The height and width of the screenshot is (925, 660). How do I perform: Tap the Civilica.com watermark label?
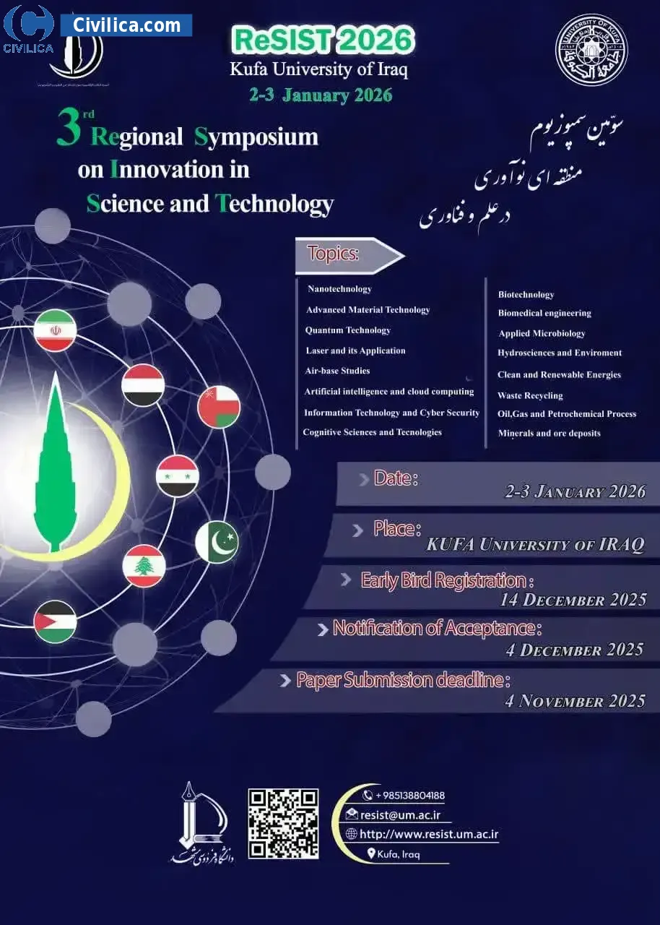point(126,25)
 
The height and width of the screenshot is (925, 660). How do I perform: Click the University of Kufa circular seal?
point(591,50)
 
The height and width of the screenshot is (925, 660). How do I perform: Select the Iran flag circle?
point(55,330)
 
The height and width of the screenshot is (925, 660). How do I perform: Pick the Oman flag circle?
point(219,407)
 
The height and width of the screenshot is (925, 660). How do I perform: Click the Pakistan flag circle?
point(217,542)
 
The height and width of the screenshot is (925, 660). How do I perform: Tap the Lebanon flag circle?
point(144,566)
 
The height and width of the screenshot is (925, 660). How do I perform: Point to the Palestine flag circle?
point(55,621)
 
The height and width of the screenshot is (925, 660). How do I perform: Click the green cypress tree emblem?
point(56,462)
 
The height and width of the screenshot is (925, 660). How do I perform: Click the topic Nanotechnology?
point(339,289)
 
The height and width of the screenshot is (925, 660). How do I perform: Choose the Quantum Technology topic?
point(347,330)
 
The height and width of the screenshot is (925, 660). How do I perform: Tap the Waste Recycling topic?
point(530,395)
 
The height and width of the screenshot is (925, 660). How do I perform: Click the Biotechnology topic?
point(526,294)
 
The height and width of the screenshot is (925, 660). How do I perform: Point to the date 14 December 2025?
point(573,600)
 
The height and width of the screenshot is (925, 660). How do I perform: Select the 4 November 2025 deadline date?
point(575,700)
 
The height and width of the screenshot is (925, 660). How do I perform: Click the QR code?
point(283,824)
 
